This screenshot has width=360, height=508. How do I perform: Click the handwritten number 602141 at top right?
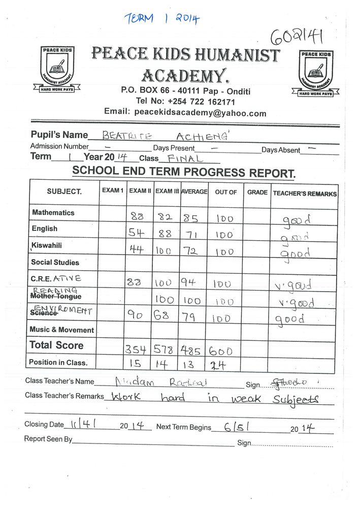[296, 37]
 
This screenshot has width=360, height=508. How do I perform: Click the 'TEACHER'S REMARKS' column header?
[305, 194]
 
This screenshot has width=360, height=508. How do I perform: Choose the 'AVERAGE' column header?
[194, 192]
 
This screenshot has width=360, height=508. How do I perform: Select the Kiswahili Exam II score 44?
[137, 250]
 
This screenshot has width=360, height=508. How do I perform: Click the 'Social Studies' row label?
[55, 263]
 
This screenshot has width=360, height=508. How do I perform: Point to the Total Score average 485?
[193, 350]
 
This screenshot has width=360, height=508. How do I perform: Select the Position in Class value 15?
[136, 365]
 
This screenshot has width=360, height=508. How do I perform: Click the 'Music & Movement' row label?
[61, 330]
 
